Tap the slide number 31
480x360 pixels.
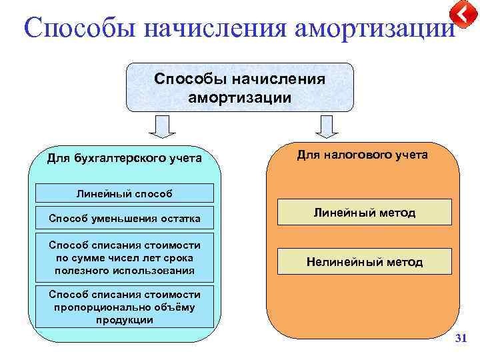coord(459,339)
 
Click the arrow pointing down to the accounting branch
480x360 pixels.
coord(161,125)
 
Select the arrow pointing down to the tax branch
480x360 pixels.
coord(326,125)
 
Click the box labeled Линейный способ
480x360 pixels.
coord(124,193)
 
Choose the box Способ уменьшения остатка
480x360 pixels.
coord(124,218)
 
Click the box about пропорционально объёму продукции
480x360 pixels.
coord(124,307)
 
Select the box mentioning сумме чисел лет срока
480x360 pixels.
coord(124,257)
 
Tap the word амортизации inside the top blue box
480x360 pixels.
coord(240,97)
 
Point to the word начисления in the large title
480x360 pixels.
coord(207,29)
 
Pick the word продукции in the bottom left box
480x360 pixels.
coord(124,319)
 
